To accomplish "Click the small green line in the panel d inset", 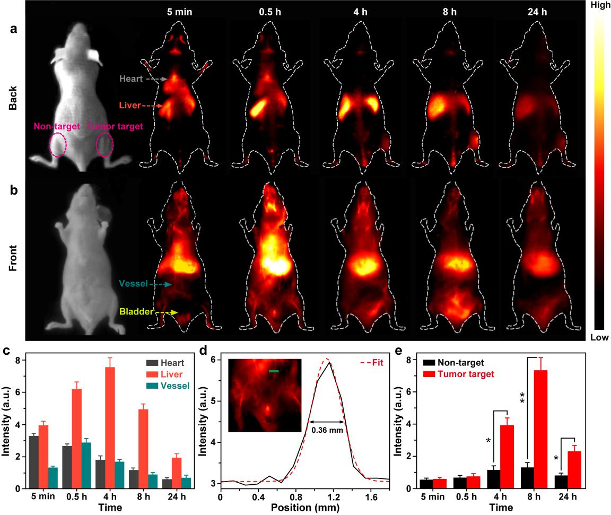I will click(274, 371).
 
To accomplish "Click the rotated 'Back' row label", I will click(12, 99).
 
